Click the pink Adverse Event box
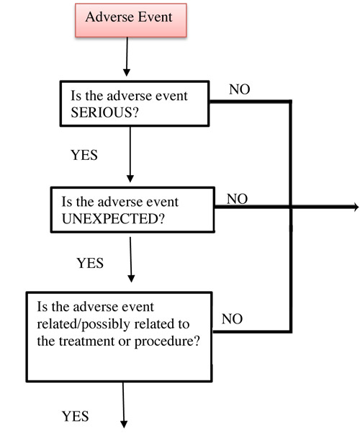click(129, 18)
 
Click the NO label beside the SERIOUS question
click(240, 89)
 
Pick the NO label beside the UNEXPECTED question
click(238, 198)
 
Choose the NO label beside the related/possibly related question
click(232, 318)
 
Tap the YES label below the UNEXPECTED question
click(90, 263)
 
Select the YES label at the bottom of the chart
click(75, 416)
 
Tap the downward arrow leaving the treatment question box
click(124, 403)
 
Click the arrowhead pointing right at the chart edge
click(354, 207)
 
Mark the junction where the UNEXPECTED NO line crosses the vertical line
click(291, 207)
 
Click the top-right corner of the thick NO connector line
click(291, 102)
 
